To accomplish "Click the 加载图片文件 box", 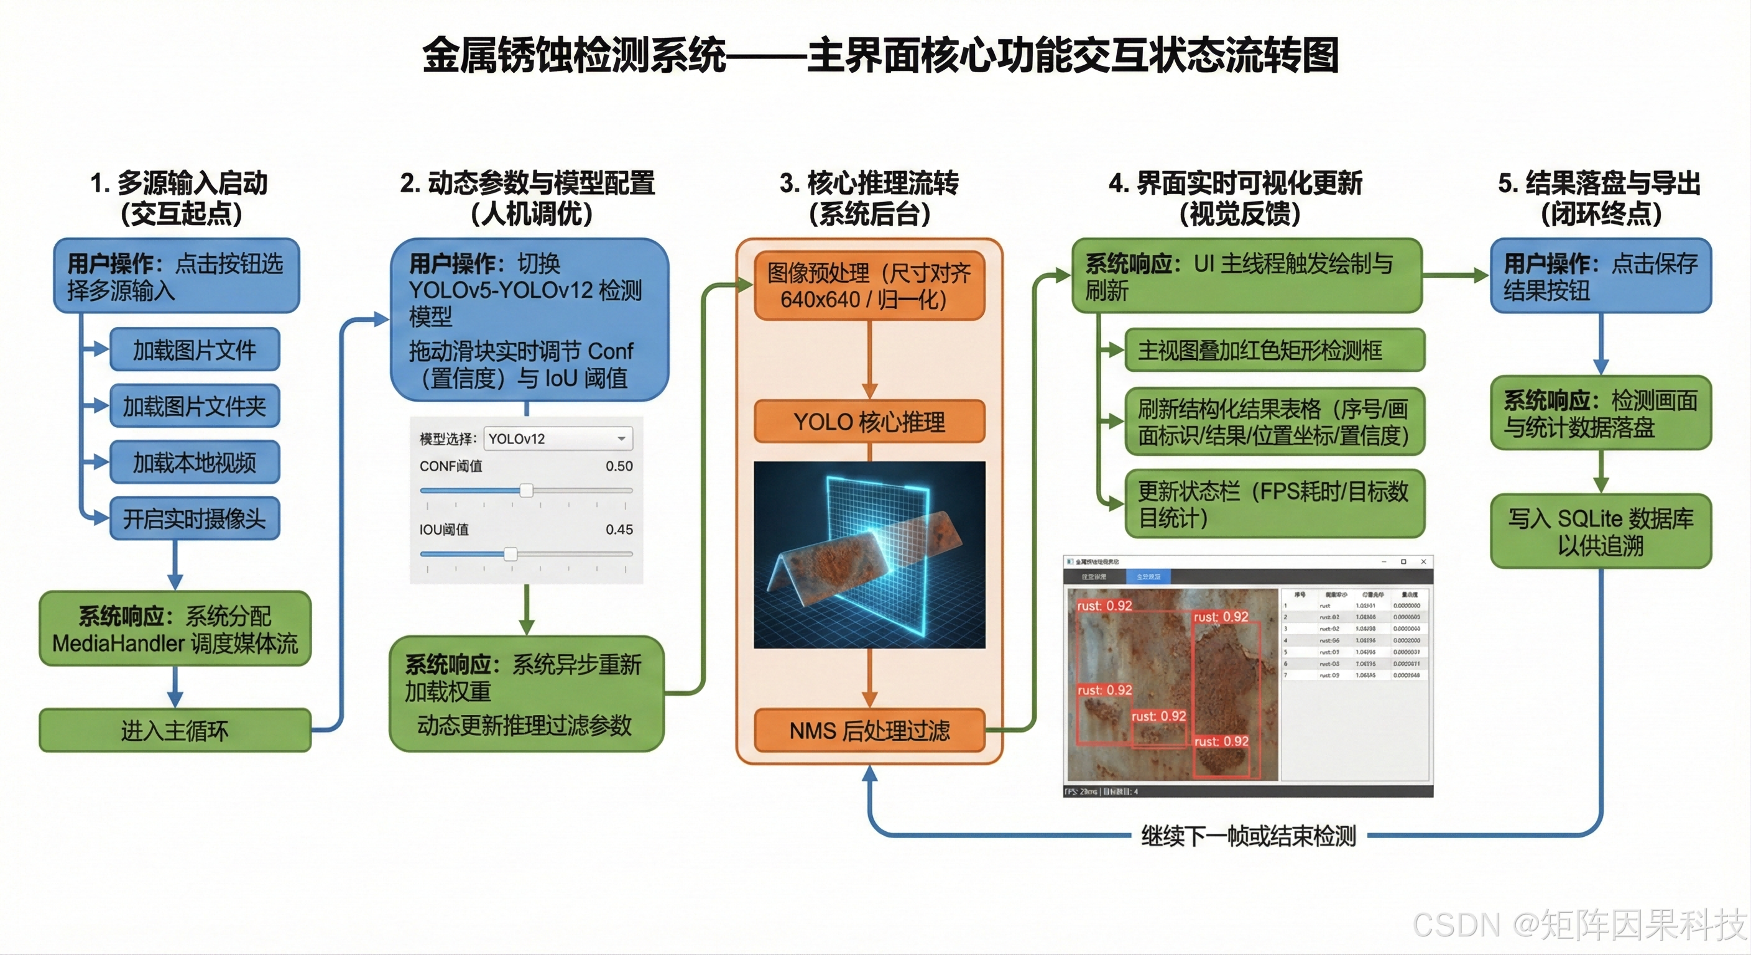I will point(195,350).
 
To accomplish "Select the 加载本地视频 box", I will point(195,462).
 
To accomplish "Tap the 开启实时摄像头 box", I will point(195,519).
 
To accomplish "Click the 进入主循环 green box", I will point(175,731).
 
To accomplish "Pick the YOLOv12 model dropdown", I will point(557,439).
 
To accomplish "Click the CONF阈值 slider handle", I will point(526,490).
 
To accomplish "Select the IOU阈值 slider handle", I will point(511,554).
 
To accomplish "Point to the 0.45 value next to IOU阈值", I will point(619,530).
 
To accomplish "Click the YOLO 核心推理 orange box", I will point(869,422).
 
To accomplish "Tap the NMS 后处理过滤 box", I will point(869,731).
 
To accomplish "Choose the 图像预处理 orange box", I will point(869,286).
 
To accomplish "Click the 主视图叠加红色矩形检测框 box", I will point(1274,350).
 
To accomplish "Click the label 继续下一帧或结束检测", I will point(1248,836).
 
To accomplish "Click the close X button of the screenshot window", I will point(1423,562).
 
